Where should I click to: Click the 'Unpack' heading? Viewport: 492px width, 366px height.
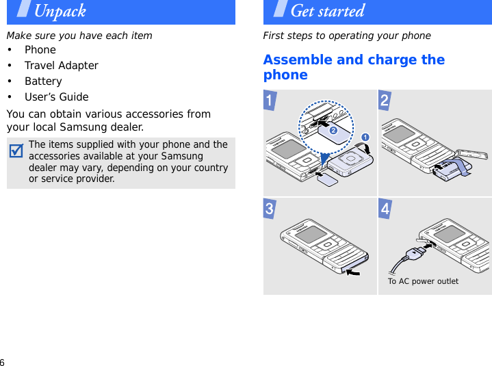pyautogui.click(x=60, y=11)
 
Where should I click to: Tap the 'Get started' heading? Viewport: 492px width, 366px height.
pyautogui.click(x=327, y=11)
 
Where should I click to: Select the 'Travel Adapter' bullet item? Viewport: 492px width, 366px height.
pyautogui.click(x=61, y=66)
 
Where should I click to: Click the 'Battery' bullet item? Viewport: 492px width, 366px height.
pyautogui.click(x=43, y=81)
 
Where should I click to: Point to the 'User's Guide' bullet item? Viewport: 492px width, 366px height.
pyautogui.click(x=56, y=97)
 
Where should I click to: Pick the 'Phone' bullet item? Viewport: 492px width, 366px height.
pyautogui.click(x=40, y=50)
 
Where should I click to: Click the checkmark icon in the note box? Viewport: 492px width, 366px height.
pyautogui.click(x=17, y=149)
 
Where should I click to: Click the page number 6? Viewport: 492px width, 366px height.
pyautogui.click(x=3, y=362)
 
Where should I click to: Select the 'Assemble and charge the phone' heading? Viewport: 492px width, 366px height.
pyautogui.click(x=353, y=67)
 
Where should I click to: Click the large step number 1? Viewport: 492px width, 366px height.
pyautogui.click(x=272, y=101)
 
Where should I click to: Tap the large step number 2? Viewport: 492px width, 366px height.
pyautogui.click(x=385, y=101)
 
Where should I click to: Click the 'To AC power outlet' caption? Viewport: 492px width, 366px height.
pyautogui.click(x=423, y=281)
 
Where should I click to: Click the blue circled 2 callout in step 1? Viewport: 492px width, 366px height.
pyautogui.click(x=333, y=129)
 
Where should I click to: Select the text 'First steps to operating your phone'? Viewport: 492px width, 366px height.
pyautogui.click(x=347, y=36)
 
